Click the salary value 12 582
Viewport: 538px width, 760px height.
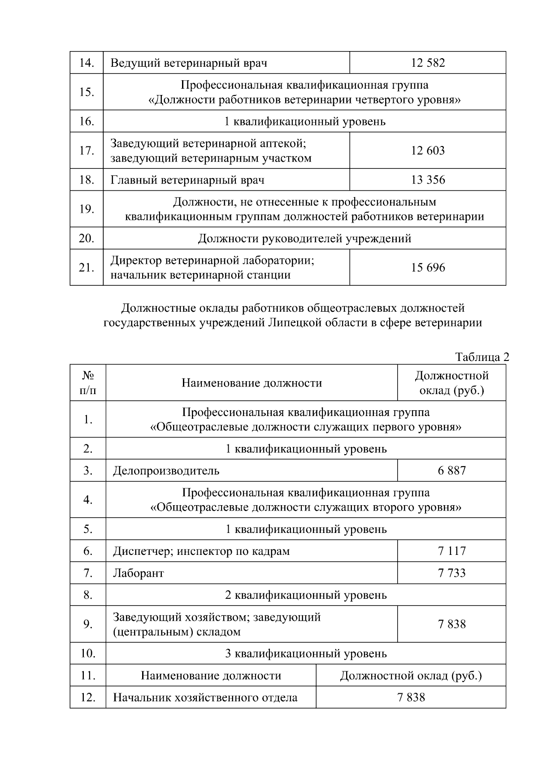tap(428, 63)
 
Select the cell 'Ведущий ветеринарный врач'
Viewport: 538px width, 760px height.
tap(189, 63)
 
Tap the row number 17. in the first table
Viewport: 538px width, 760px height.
tap(86, 151)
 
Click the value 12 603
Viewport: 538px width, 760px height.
tap(428, 150)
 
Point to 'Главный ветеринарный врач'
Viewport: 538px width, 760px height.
tap(187, 180)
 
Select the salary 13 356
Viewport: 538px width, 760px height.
tap(428, 180)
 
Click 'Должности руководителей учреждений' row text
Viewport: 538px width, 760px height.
tap(304, 239)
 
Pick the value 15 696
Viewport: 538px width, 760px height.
tap(428, 268)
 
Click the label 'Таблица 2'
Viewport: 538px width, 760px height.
tap(482, 357)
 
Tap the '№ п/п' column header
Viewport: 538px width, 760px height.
tap(88, 383)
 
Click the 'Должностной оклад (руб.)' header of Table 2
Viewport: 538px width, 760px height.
tap(451, 383)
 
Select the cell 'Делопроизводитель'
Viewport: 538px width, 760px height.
tap(166, 471)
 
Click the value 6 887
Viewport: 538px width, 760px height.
tap(451, 471)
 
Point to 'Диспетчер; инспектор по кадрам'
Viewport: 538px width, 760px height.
tap(201, 551)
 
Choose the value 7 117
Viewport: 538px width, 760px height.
tap(451, 551)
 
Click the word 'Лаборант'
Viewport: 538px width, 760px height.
tap(139, 574)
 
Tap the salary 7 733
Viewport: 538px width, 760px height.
tap(451, 573)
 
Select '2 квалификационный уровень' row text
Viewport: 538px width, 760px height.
tap(306, 596)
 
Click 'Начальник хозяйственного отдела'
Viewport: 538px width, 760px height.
tap(205, 698)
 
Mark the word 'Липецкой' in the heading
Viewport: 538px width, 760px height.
tap(295, 323)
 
